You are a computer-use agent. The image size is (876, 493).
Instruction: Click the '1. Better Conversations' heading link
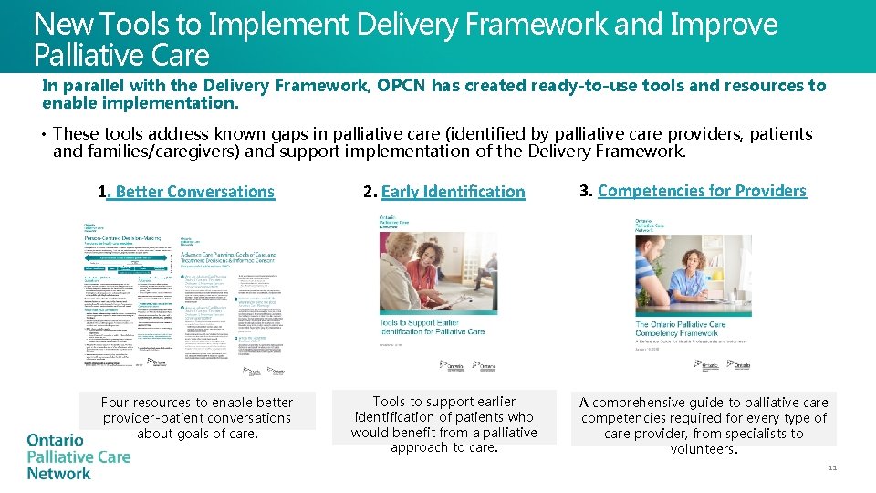186,192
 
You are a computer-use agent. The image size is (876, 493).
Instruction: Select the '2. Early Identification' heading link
444,192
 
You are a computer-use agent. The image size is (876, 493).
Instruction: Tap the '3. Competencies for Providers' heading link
693,191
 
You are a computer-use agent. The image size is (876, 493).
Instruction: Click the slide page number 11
831,468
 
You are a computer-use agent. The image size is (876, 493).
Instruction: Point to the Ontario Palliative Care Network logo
78,456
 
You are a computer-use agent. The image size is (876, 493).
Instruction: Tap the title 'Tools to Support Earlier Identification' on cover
432,326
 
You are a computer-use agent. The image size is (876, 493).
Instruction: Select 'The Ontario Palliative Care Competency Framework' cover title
681,329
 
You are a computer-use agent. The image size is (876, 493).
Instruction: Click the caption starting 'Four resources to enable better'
197,417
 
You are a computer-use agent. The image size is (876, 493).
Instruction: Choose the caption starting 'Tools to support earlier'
443,425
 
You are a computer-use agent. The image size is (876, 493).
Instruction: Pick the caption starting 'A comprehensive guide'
704,425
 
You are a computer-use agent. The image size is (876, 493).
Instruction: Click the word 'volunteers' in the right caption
702,449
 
